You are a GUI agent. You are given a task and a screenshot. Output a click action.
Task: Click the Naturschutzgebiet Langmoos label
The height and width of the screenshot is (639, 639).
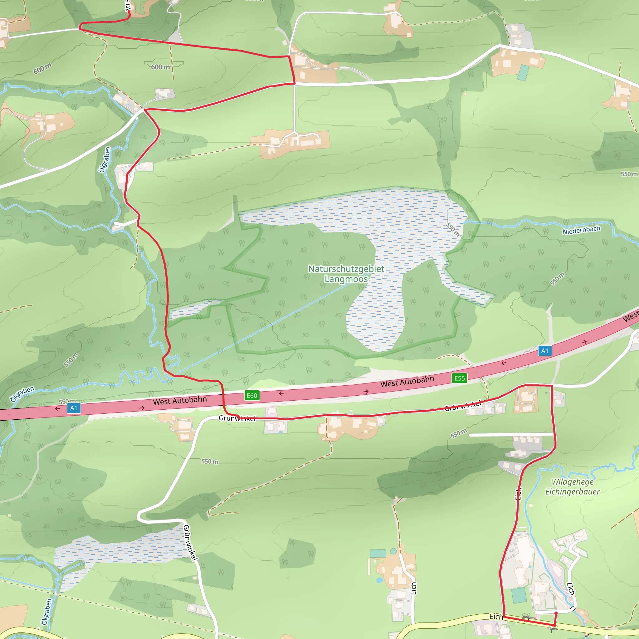pyautogui.click(x=346, y=274)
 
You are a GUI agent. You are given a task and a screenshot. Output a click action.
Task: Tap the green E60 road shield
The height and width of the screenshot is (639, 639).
pyautogui.click(x=252, y=396)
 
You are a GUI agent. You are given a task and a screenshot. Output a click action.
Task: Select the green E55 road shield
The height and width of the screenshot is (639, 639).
pyautogui.click(x=459, y=378)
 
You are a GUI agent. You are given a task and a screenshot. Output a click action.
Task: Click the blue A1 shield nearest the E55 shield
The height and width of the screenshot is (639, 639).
pyautogui.click(x=545, y=351)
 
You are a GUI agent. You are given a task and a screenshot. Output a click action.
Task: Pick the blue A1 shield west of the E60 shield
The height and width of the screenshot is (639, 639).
pyautogui.click(x=73, y=408)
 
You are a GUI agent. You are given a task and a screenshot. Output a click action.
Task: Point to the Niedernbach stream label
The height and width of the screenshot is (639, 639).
pyautogui.click(x=581, y=230)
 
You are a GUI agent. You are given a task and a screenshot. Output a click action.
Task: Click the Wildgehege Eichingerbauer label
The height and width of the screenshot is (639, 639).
pyautogui.click(x=572, y=487)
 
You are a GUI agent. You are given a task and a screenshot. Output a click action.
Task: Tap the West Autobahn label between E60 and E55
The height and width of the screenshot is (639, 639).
pyautogui.click(x=407, y=381)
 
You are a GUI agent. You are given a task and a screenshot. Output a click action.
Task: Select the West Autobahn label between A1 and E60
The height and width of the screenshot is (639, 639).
pyautogui.click(x=180, y=401)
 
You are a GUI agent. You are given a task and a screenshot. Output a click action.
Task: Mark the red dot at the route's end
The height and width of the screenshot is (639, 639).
pyautogui.click(x=556, y=613)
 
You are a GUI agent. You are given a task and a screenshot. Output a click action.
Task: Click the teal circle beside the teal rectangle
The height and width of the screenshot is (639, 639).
pyautogui.click(x=393, y=551)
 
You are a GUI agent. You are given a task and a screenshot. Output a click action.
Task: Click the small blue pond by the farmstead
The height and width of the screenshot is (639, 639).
pyautogui.click(x=379, y=580)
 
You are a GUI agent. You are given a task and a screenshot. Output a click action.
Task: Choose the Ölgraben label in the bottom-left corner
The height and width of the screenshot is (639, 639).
pyautogui.click(x=46, y=612)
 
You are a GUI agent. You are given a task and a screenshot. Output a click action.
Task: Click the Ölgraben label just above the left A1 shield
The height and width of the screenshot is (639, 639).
pyautogui.click(x=22, y=394)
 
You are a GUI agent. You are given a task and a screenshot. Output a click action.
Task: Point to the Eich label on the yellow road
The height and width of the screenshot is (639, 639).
pyautogui.click(x=496, y=617)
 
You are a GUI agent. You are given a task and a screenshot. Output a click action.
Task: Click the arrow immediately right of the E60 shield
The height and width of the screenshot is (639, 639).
pyautogui.click(x=281, y=393)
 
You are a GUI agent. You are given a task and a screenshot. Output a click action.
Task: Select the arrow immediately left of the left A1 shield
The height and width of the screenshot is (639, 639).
pyautogui.click(x=57, y=409)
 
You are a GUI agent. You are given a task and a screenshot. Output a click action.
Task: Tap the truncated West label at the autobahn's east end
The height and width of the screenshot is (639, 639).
pyautogui.click(x=630, y=316)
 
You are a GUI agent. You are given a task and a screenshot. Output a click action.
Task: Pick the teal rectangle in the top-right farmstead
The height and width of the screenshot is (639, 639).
pyautogui.click(x=523, y=73)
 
